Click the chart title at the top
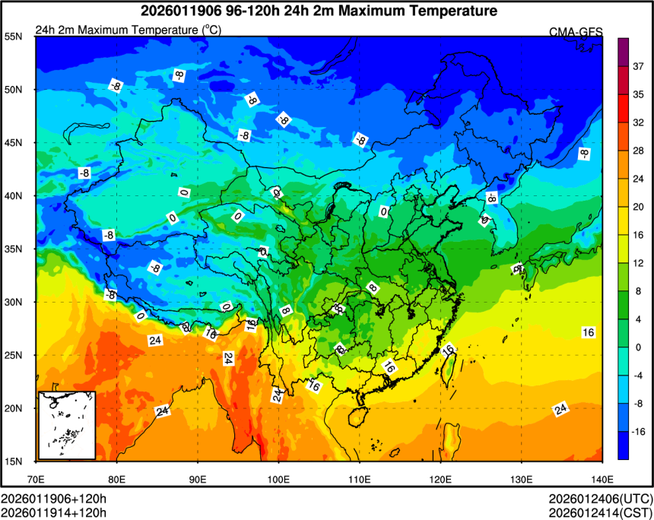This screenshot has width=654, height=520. [x=319, y=11]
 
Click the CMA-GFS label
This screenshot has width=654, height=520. [x=576, y=31]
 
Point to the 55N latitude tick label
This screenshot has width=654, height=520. [x=13, y=36]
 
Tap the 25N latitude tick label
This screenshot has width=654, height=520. [x=13, y=355]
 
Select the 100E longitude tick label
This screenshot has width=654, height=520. [x=278, y=480]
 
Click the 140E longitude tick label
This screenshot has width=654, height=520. [x=601, y=480]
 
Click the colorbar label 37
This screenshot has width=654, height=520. [x=639, y=66]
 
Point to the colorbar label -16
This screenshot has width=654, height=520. [x=640, y=431]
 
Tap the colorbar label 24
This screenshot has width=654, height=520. [x=639, y=179]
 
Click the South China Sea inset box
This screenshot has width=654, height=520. [x=67, y=425]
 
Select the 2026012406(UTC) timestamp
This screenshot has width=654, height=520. [x=598, y=499]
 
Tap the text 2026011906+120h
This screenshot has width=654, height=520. [x=53, y=499]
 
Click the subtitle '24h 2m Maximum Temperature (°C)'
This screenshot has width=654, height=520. [x=128, y=30]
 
